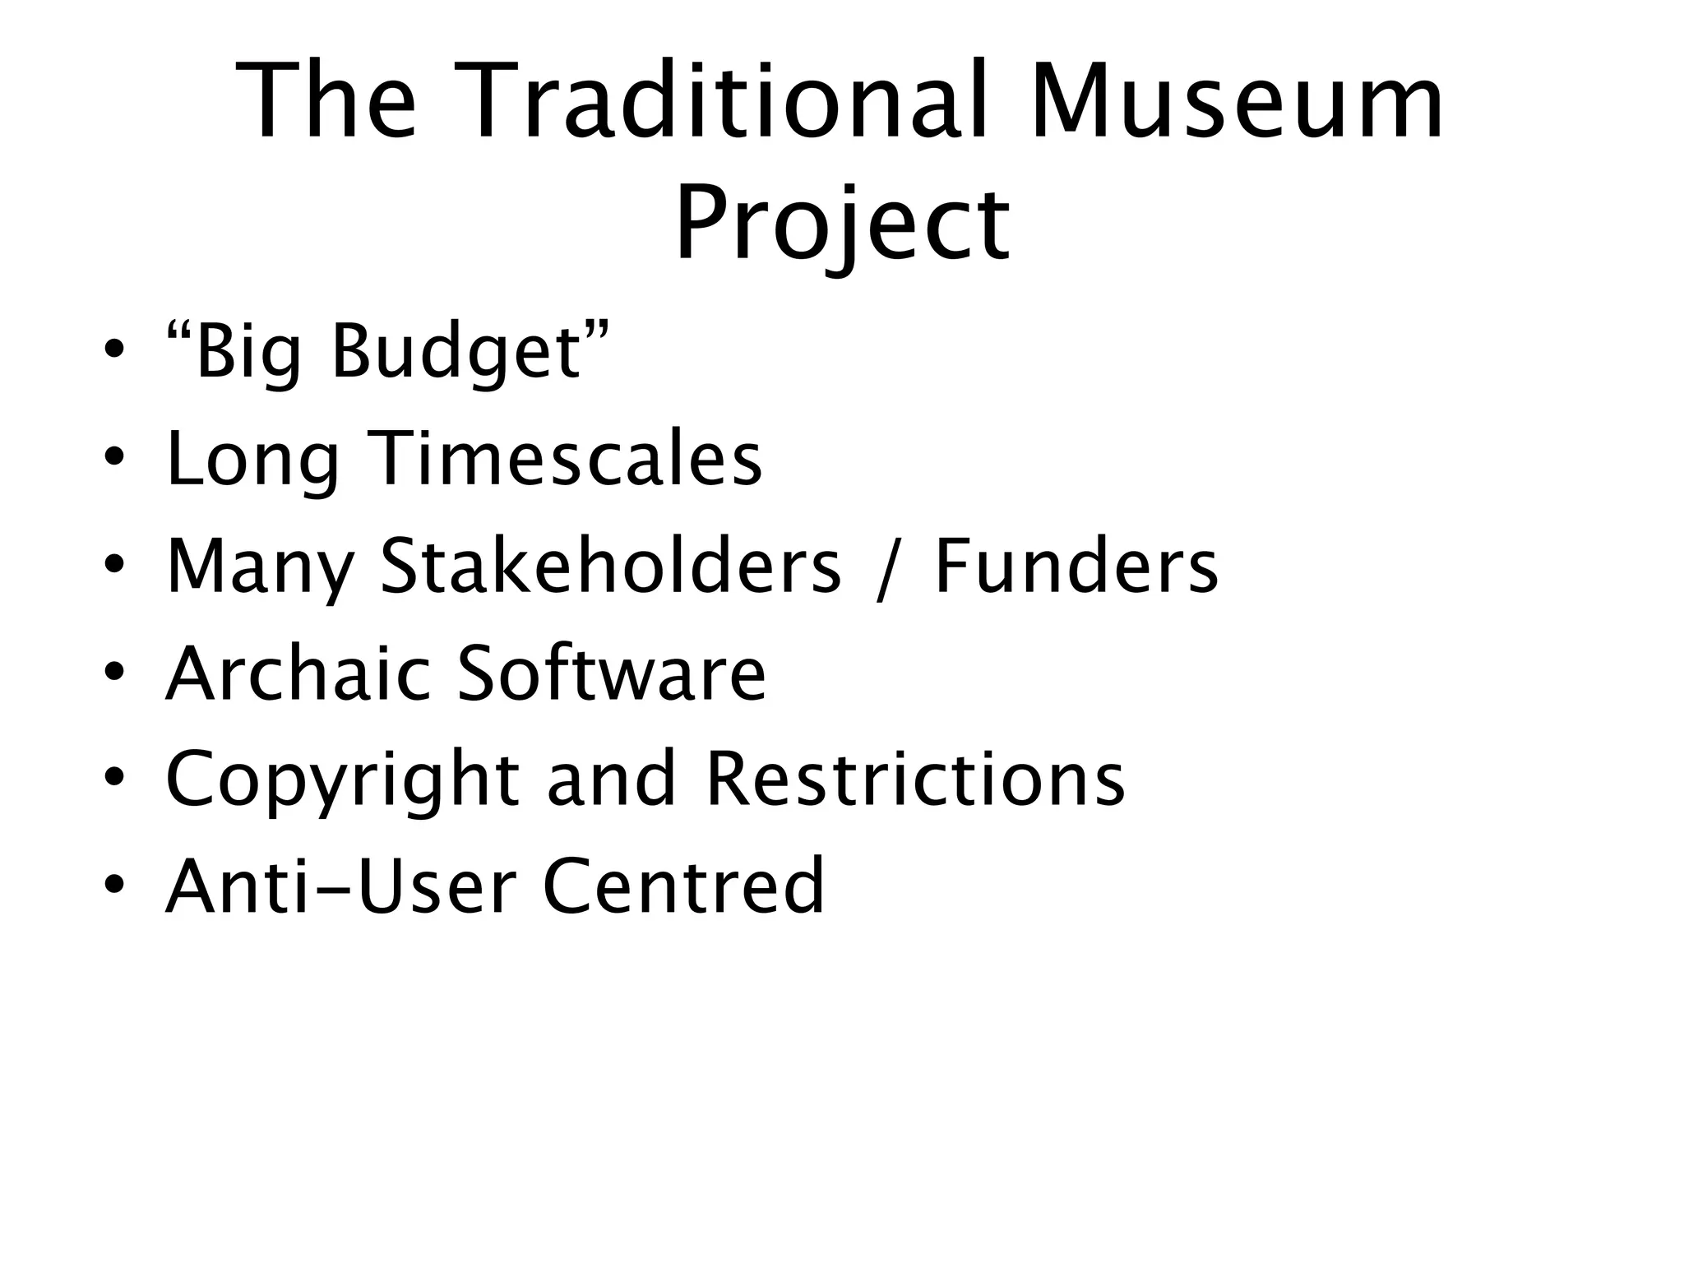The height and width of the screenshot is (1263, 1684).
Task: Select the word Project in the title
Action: point(842,224)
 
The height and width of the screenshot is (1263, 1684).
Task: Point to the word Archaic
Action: point(298,673)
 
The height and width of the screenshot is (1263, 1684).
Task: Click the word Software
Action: point(611,673)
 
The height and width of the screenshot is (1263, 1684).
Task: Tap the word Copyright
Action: point(342,781)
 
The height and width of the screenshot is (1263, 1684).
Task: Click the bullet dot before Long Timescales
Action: point(114,457)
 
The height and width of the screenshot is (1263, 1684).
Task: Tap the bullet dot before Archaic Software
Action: point(114,672)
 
